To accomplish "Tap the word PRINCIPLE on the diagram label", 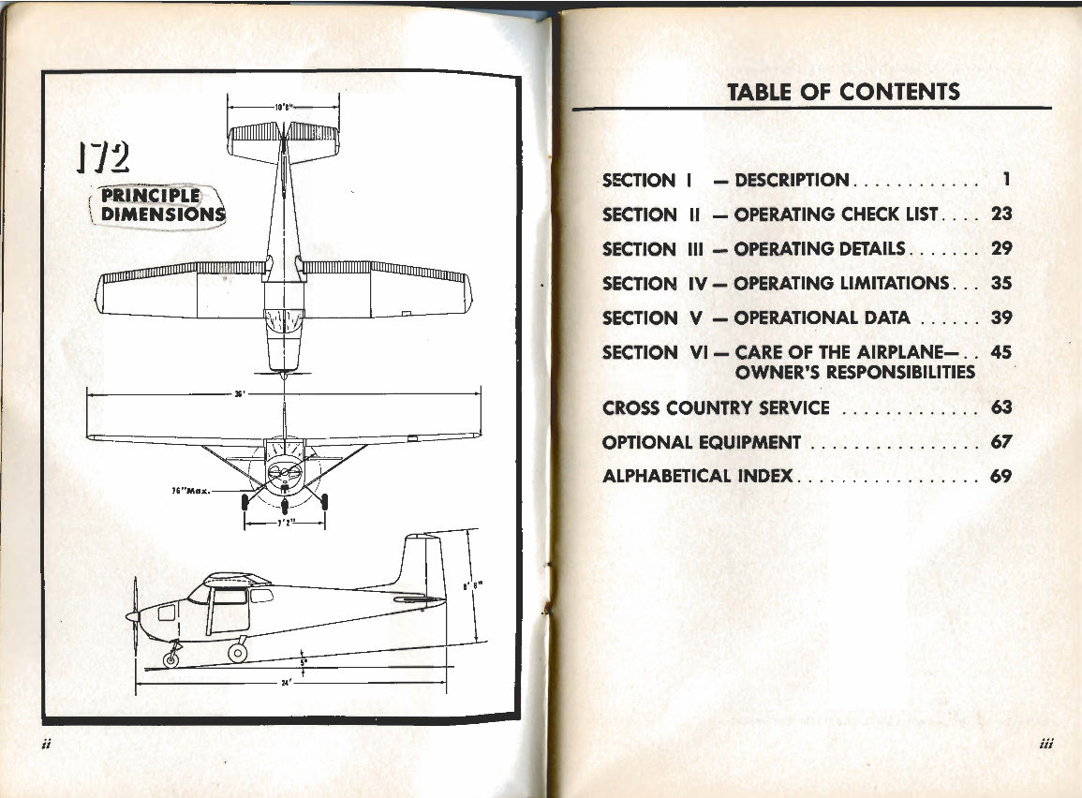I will [151, 196].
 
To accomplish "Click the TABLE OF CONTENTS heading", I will [843, 92].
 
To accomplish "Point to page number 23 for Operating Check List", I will [1001, 214].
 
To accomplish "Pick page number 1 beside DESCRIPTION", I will [1004, 179].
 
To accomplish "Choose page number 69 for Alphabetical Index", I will [1001, 476].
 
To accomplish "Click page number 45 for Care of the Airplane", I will [1001, 353].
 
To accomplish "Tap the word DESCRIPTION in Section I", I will [792, 180].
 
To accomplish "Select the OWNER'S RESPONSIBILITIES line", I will [854, 373].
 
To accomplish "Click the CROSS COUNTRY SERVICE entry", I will [716, 408].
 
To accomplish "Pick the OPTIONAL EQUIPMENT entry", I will [702, 442].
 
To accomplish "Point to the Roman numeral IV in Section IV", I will [695, 284].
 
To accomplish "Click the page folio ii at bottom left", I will [46, 746].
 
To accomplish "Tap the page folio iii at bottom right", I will [1047, 746].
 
